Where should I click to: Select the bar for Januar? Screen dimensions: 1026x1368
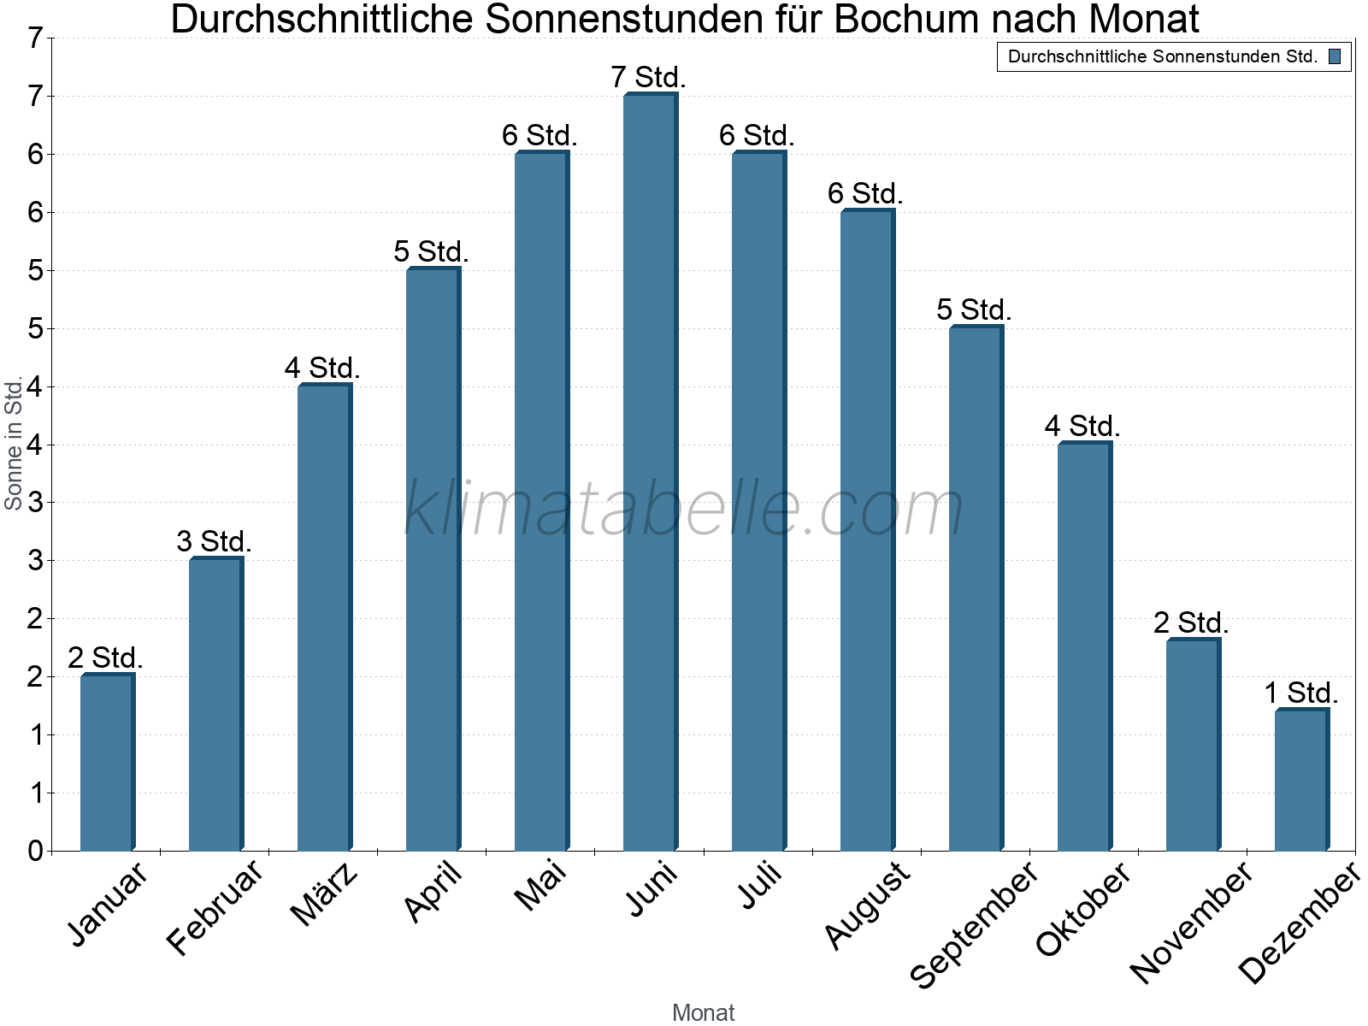tap(107, 763)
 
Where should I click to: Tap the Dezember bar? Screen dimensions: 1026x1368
tap(1301, 780)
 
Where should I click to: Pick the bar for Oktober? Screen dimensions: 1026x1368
tap(1084, 646)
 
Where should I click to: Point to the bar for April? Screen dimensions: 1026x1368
tap(433, 559)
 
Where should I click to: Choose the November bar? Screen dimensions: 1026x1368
tap(1193, 745)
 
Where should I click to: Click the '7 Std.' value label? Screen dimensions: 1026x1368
tap(648, 78)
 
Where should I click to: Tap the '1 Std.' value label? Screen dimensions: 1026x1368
tap(1300, 693)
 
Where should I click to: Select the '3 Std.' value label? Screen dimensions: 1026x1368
tap(214, 542)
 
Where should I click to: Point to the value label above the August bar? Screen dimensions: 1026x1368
tap(865, 194)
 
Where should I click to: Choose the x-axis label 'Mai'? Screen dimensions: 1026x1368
tap(540, 887)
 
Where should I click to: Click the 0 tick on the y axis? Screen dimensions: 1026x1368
tap(35, 852)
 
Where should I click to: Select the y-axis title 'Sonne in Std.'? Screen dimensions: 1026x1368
tap(14, 445)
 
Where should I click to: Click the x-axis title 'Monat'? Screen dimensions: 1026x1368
tap(703, 1013)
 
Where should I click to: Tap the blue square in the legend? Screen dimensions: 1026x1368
tap(1335, 57)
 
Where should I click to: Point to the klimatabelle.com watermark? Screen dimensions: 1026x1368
tap(684, 509)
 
